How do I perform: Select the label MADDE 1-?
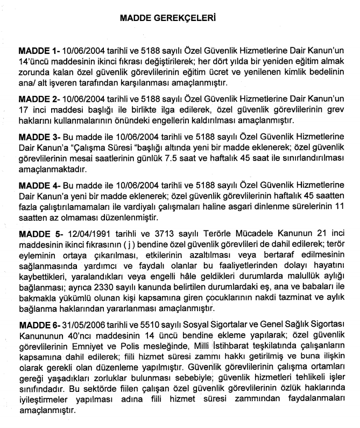point(38,50)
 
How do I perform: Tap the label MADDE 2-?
point(38,100)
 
